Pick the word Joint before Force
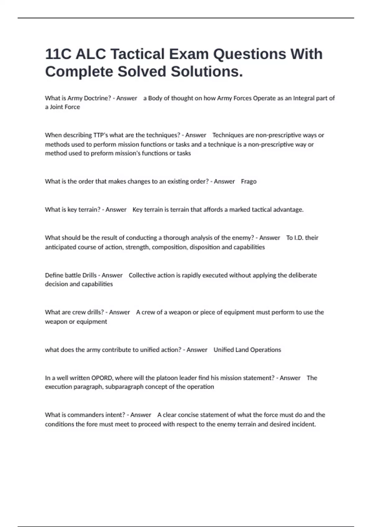click(x=57, y=107)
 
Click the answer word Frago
click(x=249, y=181)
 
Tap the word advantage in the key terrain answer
click(x=288, y=210)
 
